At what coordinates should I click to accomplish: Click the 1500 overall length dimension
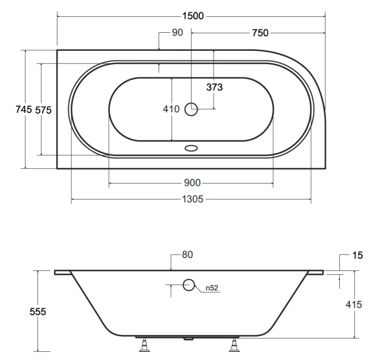point(192,16)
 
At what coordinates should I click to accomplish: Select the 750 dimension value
point(260,33)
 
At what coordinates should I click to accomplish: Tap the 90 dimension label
point(177,32)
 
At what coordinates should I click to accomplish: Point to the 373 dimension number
point(215,87)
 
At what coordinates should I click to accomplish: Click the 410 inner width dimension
point(171,109)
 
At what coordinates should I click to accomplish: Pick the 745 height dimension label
point(24,109)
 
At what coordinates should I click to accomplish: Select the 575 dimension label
point(44,110)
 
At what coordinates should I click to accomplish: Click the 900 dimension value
point(192,183)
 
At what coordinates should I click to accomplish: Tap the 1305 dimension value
point(192,199)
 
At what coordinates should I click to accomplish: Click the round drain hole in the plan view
point(191,109)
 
